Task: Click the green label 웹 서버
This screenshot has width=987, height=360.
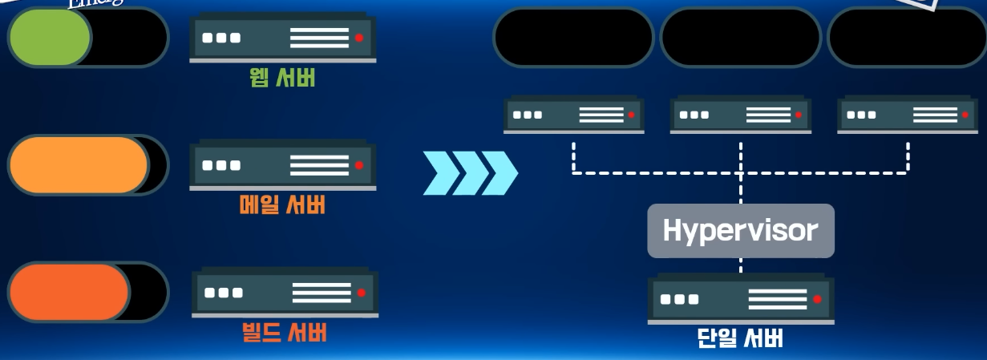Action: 282,78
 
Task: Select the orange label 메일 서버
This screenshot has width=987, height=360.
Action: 282,205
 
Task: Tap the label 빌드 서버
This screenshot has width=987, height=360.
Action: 283,331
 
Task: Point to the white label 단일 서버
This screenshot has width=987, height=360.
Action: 740,338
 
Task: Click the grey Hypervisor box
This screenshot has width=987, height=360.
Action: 741,231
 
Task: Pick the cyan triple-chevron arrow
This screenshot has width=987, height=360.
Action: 470,172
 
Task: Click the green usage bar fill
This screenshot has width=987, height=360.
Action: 50,37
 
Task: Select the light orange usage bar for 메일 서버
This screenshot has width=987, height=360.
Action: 79,165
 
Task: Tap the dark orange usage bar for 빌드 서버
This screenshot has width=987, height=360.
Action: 70,292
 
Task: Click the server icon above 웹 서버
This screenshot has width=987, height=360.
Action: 283,38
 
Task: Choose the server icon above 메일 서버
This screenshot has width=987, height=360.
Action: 283,165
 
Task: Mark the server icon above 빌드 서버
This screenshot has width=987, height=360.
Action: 285,293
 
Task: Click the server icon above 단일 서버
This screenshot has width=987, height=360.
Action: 741,299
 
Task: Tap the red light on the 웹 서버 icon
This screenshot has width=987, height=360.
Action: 358,38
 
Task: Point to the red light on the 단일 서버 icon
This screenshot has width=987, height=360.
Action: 816,299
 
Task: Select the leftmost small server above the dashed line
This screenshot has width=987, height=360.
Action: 573,115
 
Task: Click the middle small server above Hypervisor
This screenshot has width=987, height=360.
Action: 740,115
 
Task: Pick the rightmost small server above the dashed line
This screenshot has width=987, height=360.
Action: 908,115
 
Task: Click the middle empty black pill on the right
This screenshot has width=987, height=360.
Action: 740,37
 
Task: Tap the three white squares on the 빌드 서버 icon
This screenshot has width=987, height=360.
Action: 224,293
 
